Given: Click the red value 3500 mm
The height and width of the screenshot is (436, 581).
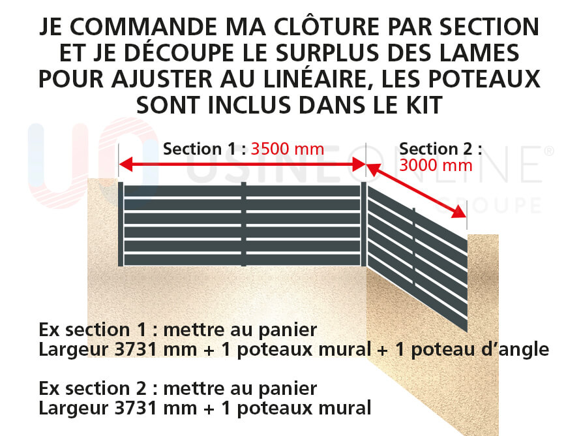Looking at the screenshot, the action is tap(288, 149).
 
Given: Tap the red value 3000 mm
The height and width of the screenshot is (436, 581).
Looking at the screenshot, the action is tap(436, 165).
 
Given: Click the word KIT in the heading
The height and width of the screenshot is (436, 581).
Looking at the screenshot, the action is tap(425, 105).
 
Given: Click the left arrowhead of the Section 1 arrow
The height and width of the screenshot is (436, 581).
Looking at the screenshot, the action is tap(126, 164).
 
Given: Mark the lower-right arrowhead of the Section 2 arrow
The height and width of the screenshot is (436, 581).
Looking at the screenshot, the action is tap(459, 212).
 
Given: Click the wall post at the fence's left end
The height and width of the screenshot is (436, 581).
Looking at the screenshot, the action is tap(121, 225).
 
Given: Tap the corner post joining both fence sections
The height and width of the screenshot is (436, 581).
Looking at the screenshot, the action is tap(363, 225).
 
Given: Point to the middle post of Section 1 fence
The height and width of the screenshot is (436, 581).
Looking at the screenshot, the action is tap(243, 225).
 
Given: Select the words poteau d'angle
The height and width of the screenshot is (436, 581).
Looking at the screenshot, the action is tap(480, 350).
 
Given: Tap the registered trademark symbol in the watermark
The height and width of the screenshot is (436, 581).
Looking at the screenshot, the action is tap(549, 151).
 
